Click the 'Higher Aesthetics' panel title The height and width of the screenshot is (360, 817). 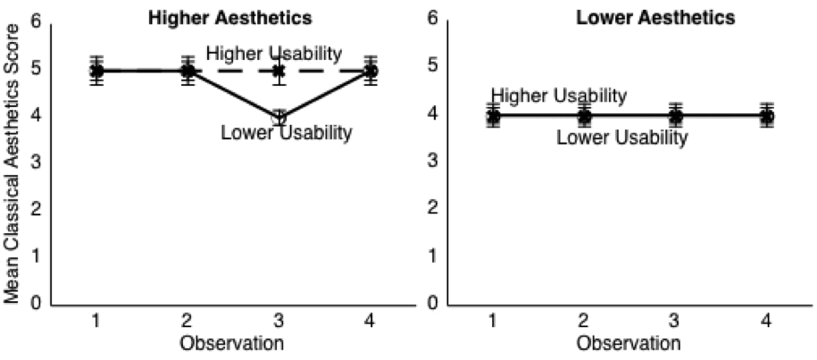235,17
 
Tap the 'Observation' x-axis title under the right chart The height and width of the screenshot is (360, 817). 629,343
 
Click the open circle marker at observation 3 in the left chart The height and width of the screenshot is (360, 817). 279,118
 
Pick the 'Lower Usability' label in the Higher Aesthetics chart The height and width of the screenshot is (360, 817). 286,134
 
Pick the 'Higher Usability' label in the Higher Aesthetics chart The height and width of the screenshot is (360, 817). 273,54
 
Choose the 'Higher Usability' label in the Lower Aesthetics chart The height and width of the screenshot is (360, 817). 559,96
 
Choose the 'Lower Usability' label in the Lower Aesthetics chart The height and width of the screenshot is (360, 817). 621,138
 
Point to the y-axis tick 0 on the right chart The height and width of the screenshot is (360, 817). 431,304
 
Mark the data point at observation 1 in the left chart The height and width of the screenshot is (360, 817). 96,71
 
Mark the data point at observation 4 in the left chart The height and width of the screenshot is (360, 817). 371,71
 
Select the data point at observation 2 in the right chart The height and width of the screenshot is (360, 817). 584,116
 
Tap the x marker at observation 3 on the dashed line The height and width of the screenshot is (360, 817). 279,70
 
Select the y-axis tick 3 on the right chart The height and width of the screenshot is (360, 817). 431,162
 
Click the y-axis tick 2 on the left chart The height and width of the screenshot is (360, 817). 35,209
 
